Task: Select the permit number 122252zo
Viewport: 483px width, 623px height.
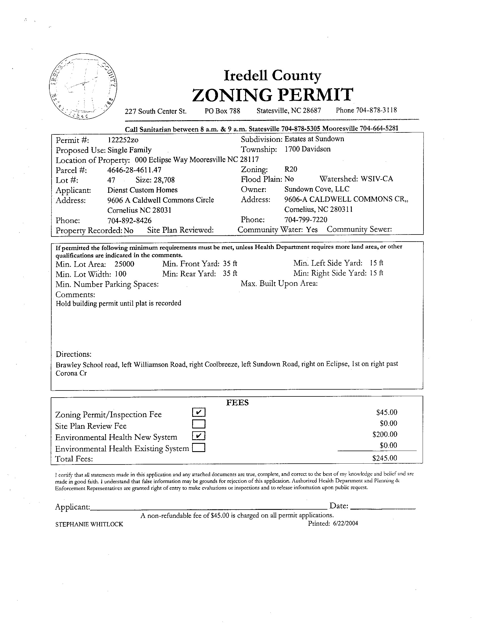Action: point(123,140)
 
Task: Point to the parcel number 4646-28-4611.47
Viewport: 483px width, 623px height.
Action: point(134,170)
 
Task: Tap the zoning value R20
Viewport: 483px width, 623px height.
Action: point(291,169)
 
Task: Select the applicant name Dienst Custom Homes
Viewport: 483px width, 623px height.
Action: point(142,190)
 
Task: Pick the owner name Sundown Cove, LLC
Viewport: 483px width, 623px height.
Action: point(317,189)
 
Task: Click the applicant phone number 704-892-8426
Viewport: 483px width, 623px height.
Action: point(130,221)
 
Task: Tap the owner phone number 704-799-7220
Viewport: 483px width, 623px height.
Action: point(306,219)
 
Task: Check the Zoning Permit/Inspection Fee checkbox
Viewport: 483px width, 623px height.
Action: point(199,413)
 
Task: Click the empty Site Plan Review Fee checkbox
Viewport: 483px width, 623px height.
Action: point(199,424)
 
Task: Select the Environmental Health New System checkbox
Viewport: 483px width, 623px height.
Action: point(199,436)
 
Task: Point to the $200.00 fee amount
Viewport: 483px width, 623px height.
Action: point(385,434)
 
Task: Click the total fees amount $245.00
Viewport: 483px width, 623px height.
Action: point(385,458)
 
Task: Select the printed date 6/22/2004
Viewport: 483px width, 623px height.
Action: point(345,523)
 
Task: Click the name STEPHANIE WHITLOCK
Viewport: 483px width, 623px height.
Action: point(89,524)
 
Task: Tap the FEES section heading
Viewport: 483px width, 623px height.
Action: point(237,402)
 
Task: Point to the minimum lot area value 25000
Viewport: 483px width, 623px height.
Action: point(124,264)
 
